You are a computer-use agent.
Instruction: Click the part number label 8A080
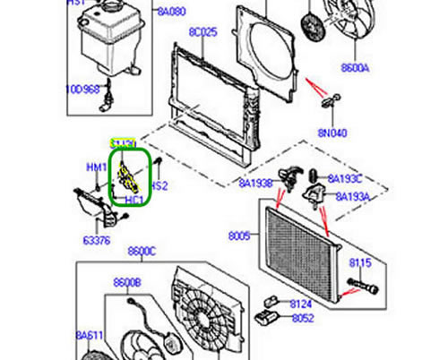pos(170,13)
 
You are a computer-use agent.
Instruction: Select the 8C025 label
pos(202,32)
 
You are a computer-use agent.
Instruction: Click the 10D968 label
pos(82,90)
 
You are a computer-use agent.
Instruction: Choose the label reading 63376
pos(97,240)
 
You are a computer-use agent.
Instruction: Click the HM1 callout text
pos(96,167)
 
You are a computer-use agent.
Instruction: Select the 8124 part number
pos(301,304)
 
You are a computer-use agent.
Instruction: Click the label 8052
pos(302,318)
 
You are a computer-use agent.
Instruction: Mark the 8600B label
pos(127,283)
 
